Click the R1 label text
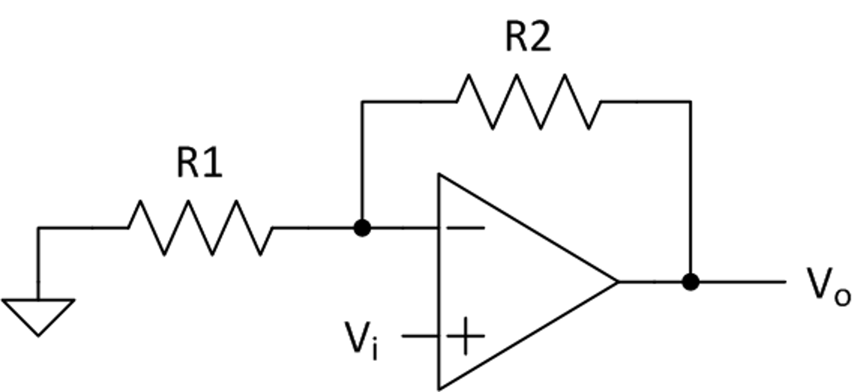click(199, 163)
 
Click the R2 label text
click(528, 38)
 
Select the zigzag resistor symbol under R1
click(200, 228)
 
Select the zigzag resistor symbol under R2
click(529, 102)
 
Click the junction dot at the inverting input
click(362, 228)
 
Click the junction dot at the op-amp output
click(691, 282)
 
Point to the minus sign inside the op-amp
click(465, 228)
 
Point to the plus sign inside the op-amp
click(465, 336)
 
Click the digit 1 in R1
click(214, 163)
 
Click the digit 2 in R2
click(541, 38)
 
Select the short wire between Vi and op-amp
click(420, 336)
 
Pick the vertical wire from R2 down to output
click(691, 188)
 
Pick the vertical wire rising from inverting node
click(362, 163)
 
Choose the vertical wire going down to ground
click(38, 263)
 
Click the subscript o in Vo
click(842, 298)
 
